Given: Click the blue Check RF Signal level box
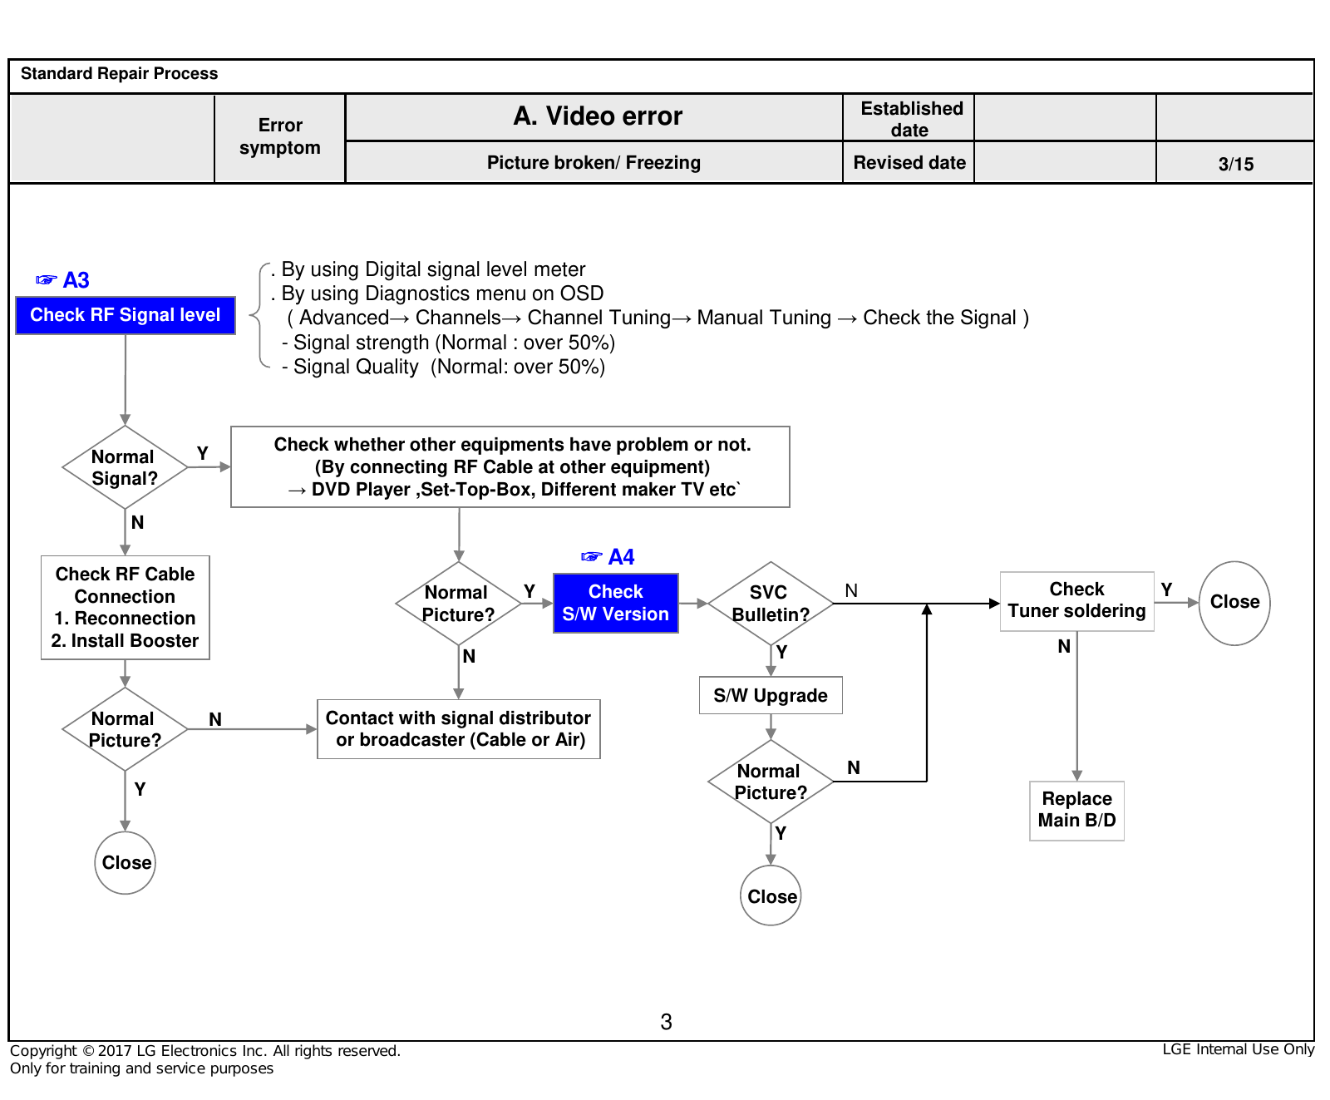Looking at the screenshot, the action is point(126,315).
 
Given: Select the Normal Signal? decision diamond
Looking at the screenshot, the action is point(125,467).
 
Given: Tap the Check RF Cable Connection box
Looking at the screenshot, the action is point(126,608).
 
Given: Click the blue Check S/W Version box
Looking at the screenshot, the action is point(616,603).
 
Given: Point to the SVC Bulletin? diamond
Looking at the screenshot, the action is point(771,604).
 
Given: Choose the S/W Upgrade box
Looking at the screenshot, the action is point(771,695).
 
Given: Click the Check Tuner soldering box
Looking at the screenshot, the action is point(1077,601).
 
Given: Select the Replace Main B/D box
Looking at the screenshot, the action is point(1077,811).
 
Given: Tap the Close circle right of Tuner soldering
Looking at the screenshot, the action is point(1234,603).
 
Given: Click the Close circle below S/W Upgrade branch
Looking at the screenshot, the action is point(771,895).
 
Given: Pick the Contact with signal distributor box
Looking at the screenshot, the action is point(459,729).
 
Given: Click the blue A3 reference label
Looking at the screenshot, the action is point(63,280).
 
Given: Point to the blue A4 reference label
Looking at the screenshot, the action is point(608,557).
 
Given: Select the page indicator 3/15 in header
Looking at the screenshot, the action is point(1236,164).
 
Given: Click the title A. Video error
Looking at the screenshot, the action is point(598,116).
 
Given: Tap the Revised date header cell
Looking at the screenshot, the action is point(909,163).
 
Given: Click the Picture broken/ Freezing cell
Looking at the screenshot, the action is point(594,163).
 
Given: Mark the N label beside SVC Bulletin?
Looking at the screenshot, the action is point(851,590).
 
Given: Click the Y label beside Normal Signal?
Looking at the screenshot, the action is point(202,453).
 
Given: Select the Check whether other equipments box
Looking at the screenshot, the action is point(510,467).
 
